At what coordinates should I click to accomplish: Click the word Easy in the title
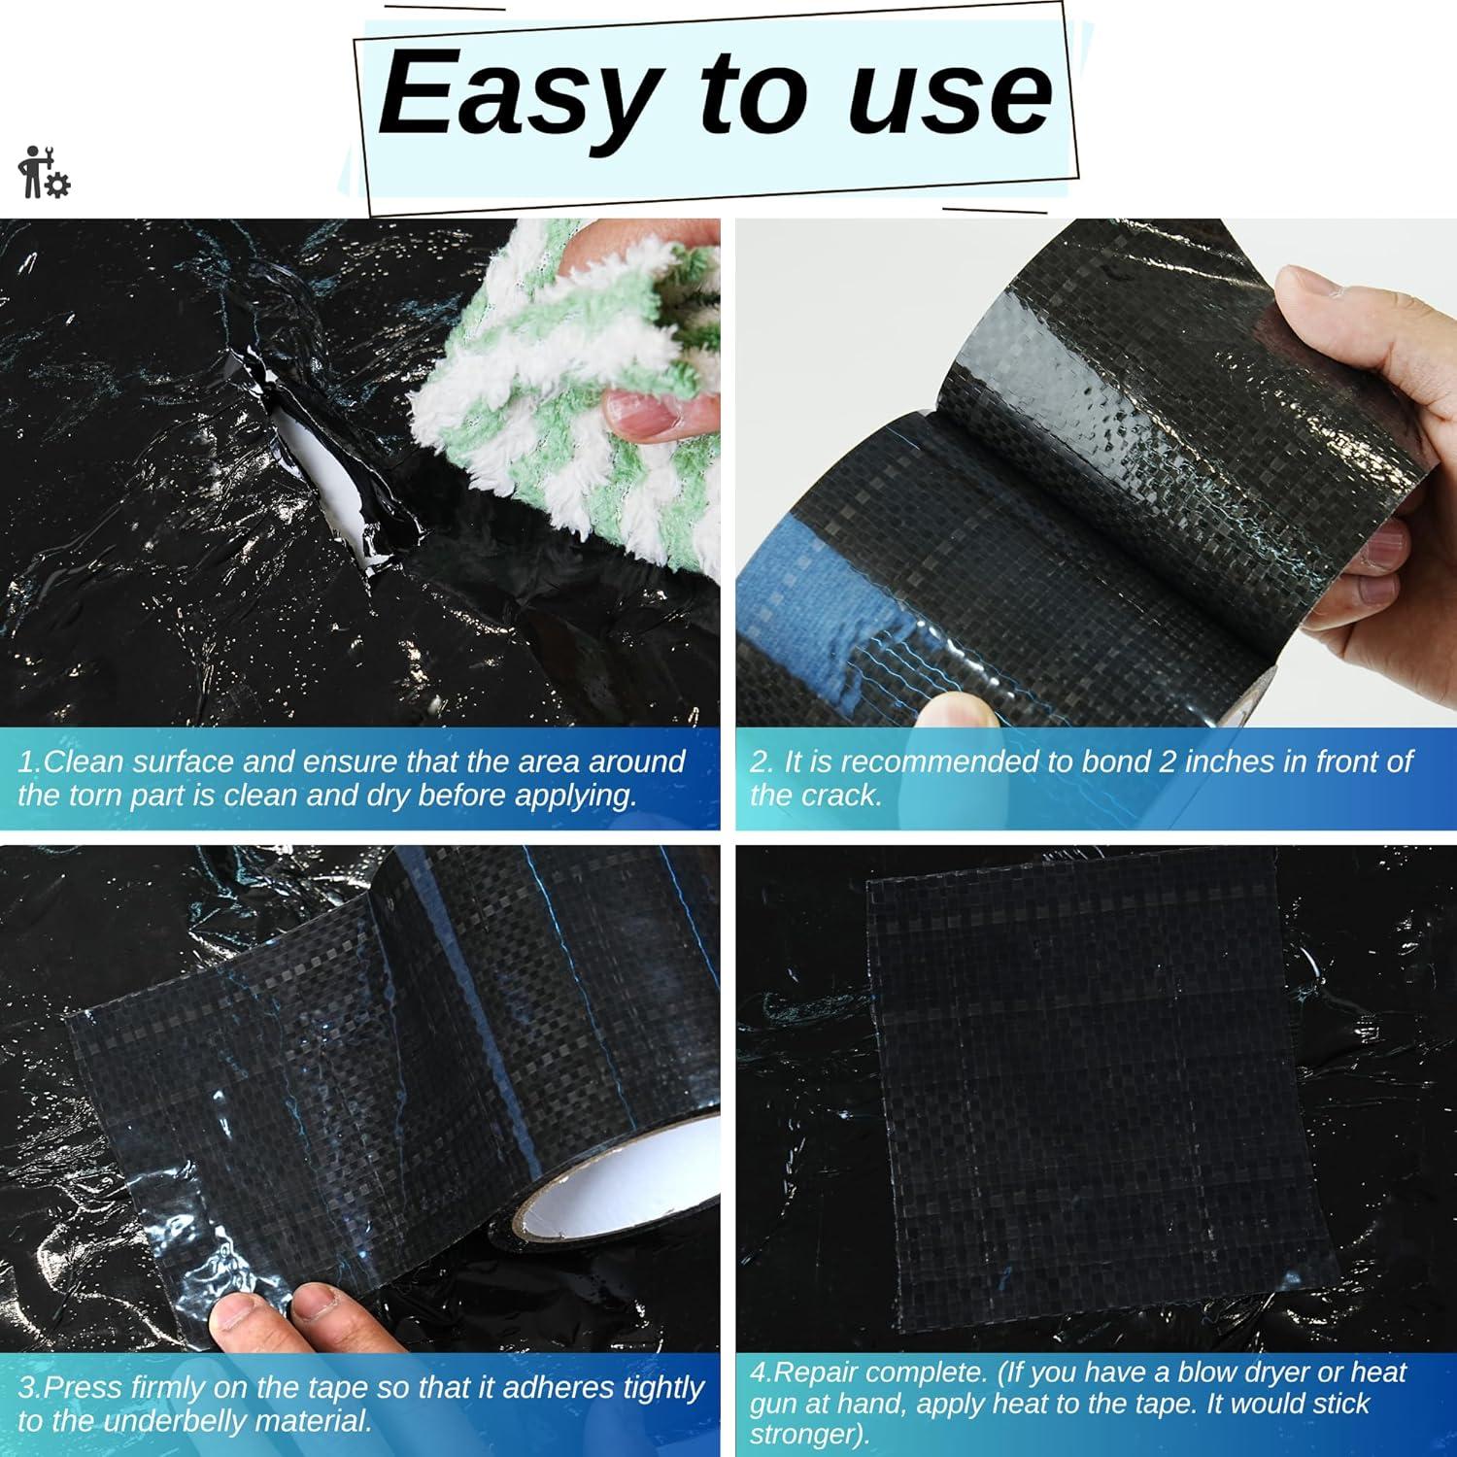515,95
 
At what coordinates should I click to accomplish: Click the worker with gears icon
43,173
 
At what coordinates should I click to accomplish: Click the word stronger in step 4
805,1435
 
